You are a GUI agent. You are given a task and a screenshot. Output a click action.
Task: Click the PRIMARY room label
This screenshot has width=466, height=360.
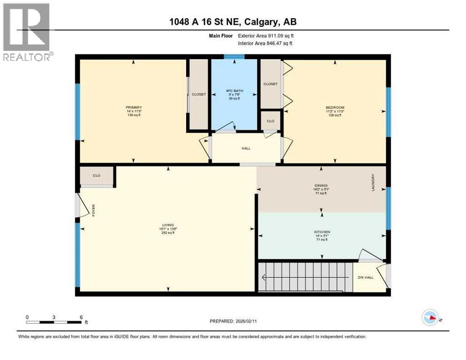pyautogui.click(x=133, y=107)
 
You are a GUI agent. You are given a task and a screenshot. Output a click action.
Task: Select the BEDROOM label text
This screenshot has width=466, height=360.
pyautogui.click(x=335, y=107)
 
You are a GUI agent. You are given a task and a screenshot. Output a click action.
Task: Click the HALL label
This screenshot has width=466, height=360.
pyautogui.click(x=246, y=148)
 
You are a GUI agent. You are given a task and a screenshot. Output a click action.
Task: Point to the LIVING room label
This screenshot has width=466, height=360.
pyautogui.click(x=167, y=225)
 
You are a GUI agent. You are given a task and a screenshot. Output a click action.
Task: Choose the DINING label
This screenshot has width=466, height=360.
pyautogui.click(x=321, y=185)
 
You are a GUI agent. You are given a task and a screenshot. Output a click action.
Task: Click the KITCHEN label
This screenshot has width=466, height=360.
pyautogui.click(x=322, y=232)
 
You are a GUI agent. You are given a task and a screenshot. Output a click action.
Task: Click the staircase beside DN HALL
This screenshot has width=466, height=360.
pyautogui.click(x=305, y=277)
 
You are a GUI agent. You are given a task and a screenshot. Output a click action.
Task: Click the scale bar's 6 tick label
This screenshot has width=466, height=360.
pyautogui.click(x=81, y=317)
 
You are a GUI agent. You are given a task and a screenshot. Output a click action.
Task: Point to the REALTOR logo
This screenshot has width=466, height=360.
pyautogui.click(x=27, y=32)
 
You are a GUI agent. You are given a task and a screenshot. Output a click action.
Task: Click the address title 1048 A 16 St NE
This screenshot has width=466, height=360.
pyautogui.click(x=233, y=22)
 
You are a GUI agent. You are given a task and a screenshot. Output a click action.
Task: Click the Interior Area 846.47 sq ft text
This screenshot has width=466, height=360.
pyautogui.click(x=265, y=43)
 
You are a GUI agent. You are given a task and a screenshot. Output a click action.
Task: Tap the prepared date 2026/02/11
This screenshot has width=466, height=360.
pyautogui.click(x=233, y=321)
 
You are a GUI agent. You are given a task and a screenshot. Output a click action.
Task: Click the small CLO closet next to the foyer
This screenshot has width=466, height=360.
pyautogui.click(x=97, y=176)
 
